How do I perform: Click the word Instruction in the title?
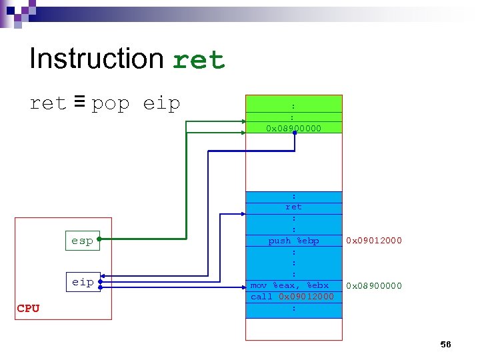point(96,59)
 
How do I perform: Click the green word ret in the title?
point(199,61)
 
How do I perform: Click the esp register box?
point(82,241)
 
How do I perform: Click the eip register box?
point(83,282)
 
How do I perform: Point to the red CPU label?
point(28,308)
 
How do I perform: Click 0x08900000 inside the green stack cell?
point(293,127)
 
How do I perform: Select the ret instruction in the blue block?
point(293,207)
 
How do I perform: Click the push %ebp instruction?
point(293,241)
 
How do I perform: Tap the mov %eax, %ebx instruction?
point(289,285)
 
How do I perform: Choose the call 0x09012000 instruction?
point(292,297)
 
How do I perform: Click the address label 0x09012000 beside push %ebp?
point(374,241)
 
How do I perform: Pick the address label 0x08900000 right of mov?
point(374,285)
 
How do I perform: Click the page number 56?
point(445,344)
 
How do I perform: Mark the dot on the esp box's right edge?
point(99,237)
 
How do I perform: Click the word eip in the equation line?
point(161,105)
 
